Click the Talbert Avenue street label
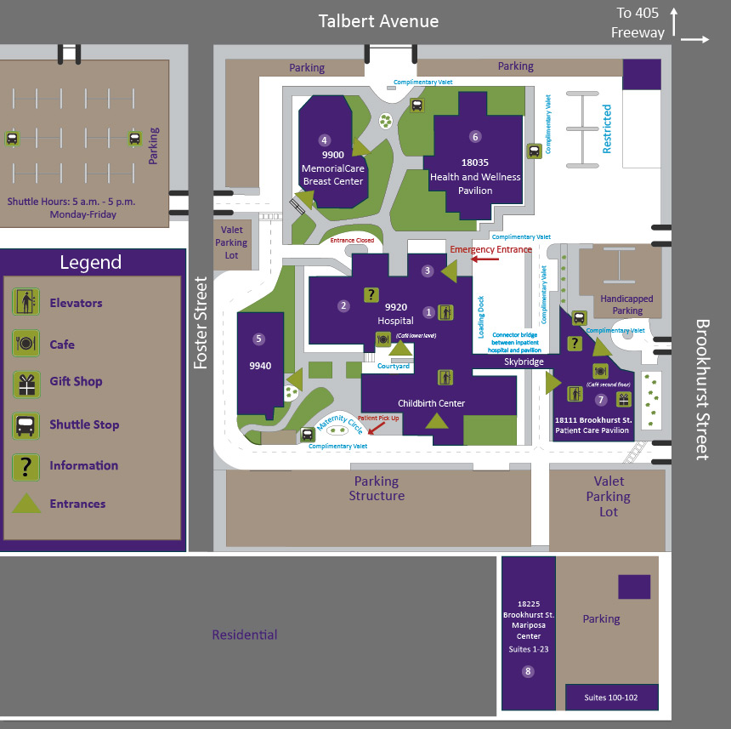click(378, 21)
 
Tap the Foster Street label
click(201, 322)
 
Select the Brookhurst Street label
click(702, 389)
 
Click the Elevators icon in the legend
click(26, 302)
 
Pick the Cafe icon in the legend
click(26, 344)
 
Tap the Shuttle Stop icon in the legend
click(26, 424)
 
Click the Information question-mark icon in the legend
click(26, 465)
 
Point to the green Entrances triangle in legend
click(26, 504)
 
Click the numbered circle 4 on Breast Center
click(324, 140)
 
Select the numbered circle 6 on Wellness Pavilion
click(475, 136)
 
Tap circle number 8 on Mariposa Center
click(528, 671)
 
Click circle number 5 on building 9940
click(259, 339)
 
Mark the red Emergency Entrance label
click(490, 249)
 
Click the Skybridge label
click(523, 362)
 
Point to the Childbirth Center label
click(431, 403)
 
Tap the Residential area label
click(245, 635)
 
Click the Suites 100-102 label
click(610, 698)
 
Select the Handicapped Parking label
click(626, 305)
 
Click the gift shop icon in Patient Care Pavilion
click(624, 399)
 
